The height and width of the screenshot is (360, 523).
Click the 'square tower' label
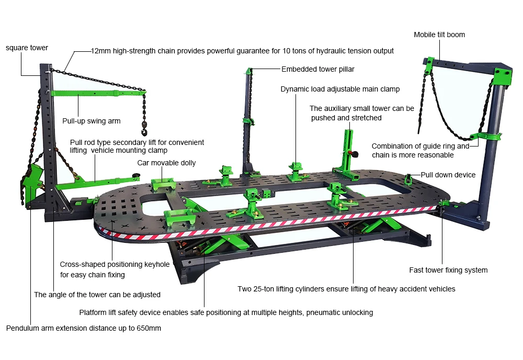click(27, 48)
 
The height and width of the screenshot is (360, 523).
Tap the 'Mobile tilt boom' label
click(439, 35)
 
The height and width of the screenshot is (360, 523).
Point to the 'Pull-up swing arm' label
click(92, 121)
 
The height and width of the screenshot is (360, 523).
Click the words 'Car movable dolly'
click(166, 163)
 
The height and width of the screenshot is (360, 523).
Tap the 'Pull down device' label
click(448, 175)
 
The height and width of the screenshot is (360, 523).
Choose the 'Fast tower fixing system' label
click(448, 270)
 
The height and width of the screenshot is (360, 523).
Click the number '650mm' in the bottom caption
click(148, 329)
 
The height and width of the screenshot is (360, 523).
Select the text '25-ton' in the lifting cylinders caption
click(265, 289)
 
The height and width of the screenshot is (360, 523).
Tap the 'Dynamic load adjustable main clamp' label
click(340, 89)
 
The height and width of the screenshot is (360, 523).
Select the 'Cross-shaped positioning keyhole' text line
click(115, 264)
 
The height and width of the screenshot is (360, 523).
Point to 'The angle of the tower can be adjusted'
click(97, 295)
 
